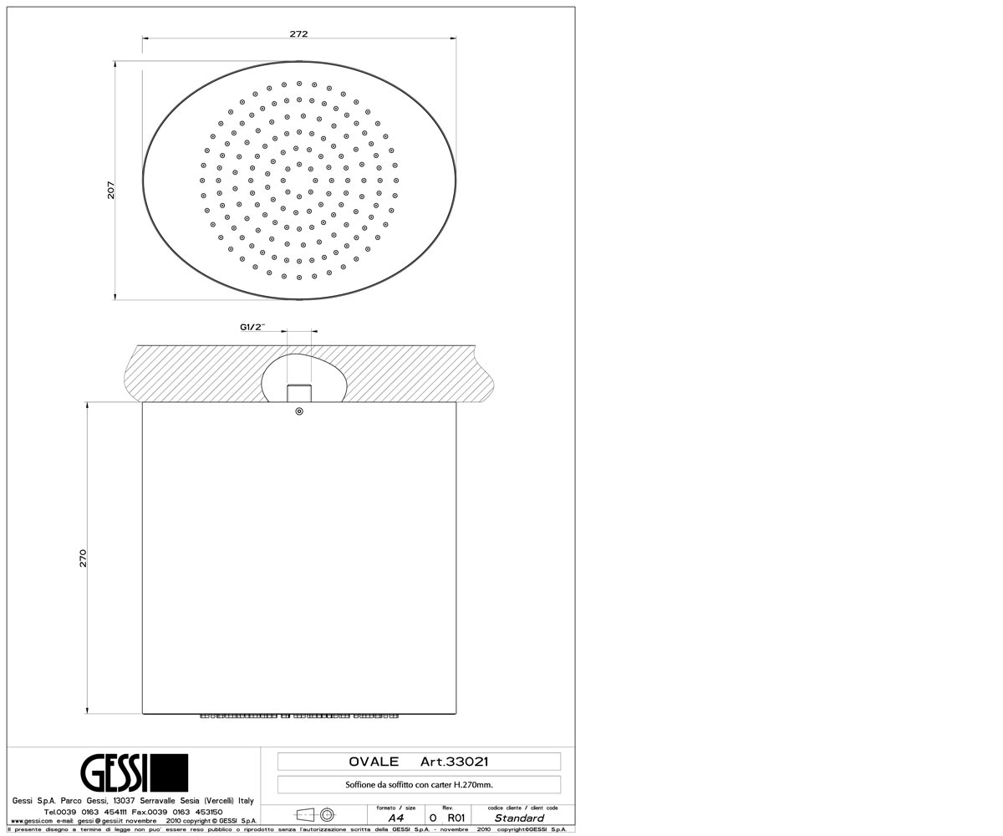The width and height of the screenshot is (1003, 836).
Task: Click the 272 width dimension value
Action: [x=298, y=34]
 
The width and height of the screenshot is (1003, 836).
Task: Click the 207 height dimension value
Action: [x=111, y=190]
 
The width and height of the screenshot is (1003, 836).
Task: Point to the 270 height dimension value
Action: [x=83, y=558]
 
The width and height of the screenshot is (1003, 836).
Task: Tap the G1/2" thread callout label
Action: [x=252, y=327]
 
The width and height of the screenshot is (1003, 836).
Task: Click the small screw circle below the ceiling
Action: [x=299, y=411]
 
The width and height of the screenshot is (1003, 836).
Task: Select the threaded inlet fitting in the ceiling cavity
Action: [x=299, y=393]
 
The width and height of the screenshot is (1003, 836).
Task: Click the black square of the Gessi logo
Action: [x=170, y=772]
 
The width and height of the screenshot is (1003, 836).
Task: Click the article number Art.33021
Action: [x=455, y=762]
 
